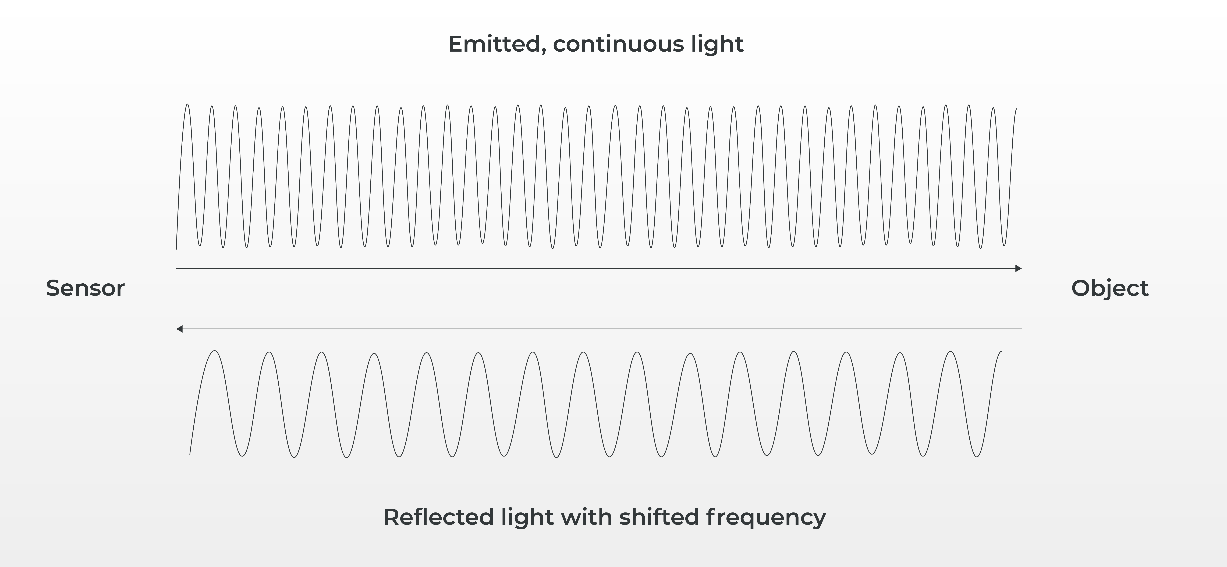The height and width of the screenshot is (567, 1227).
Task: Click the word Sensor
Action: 85,288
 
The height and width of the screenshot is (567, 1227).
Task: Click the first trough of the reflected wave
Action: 242,456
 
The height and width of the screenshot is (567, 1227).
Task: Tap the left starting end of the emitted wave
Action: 176,248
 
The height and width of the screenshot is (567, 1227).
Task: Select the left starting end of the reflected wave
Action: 190,454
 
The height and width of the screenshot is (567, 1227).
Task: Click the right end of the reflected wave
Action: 1001,352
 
